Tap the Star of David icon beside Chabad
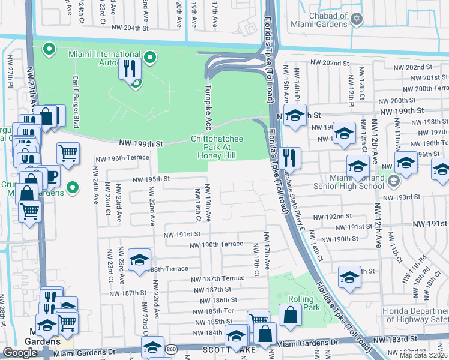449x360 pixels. [x=357, y=20]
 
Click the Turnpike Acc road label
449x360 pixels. [x=209, y=107]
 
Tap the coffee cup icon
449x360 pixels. [x=50, y=175]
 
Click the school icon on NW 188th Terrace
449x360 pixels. [x=139, y=259]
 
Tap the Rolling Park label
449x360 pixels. [x=300, y=303]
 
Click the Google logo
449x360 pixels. [x=20, y=353]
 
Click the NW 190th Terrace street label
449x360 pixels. [x=216, y=244]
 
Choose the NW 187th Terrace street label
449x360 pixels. [x=217, y=278]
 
